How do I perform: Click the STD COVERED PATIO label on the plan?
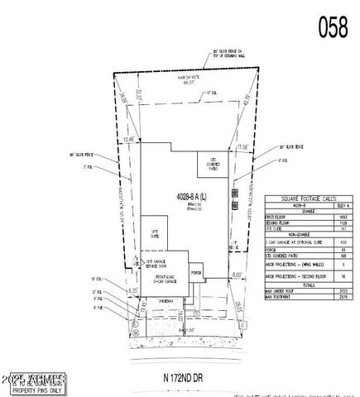click(206, 161)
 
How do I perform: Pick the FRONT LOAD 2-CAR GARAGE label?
click(166, 281)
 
